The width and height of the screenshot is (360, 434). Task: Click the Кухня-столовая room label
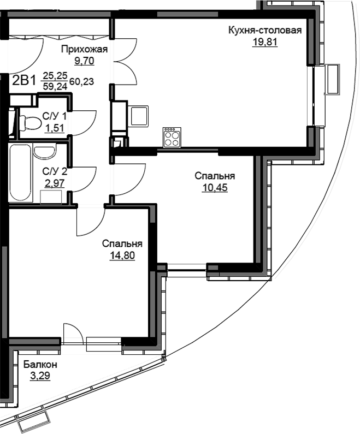265,30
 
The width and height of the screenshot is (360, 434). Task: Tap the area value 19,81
265,42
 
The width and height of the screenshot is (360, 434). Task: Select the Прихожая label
84,49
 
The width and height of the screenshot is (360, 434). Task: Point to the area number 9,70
84,61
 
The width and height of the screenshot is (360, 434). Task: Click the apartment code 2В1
25,81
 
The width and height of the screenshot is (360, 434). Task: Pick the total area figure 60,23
82,82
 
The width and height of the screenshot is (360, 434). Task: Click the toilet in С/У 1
29,123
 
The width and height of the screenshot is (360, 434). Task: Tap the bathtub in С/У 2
20,174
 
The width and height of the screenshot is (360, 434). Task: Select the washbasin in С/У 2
44,151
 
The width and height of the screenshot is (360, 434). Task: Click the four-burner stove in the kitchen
172,138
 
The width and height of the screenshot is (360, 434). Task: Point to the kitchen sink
139,116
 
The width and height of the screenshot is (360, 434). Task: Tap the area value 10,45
215,188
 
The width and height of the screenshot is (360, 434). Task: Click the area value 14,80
122,255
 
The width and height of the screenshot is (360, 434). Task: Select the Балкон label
40,365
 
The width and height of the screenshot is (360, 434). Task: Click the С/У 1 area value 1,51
55,128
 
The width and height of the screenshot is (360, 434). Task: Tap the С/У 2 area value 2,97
55,183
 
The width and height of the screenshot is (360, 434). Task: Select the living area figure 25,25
55,75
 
